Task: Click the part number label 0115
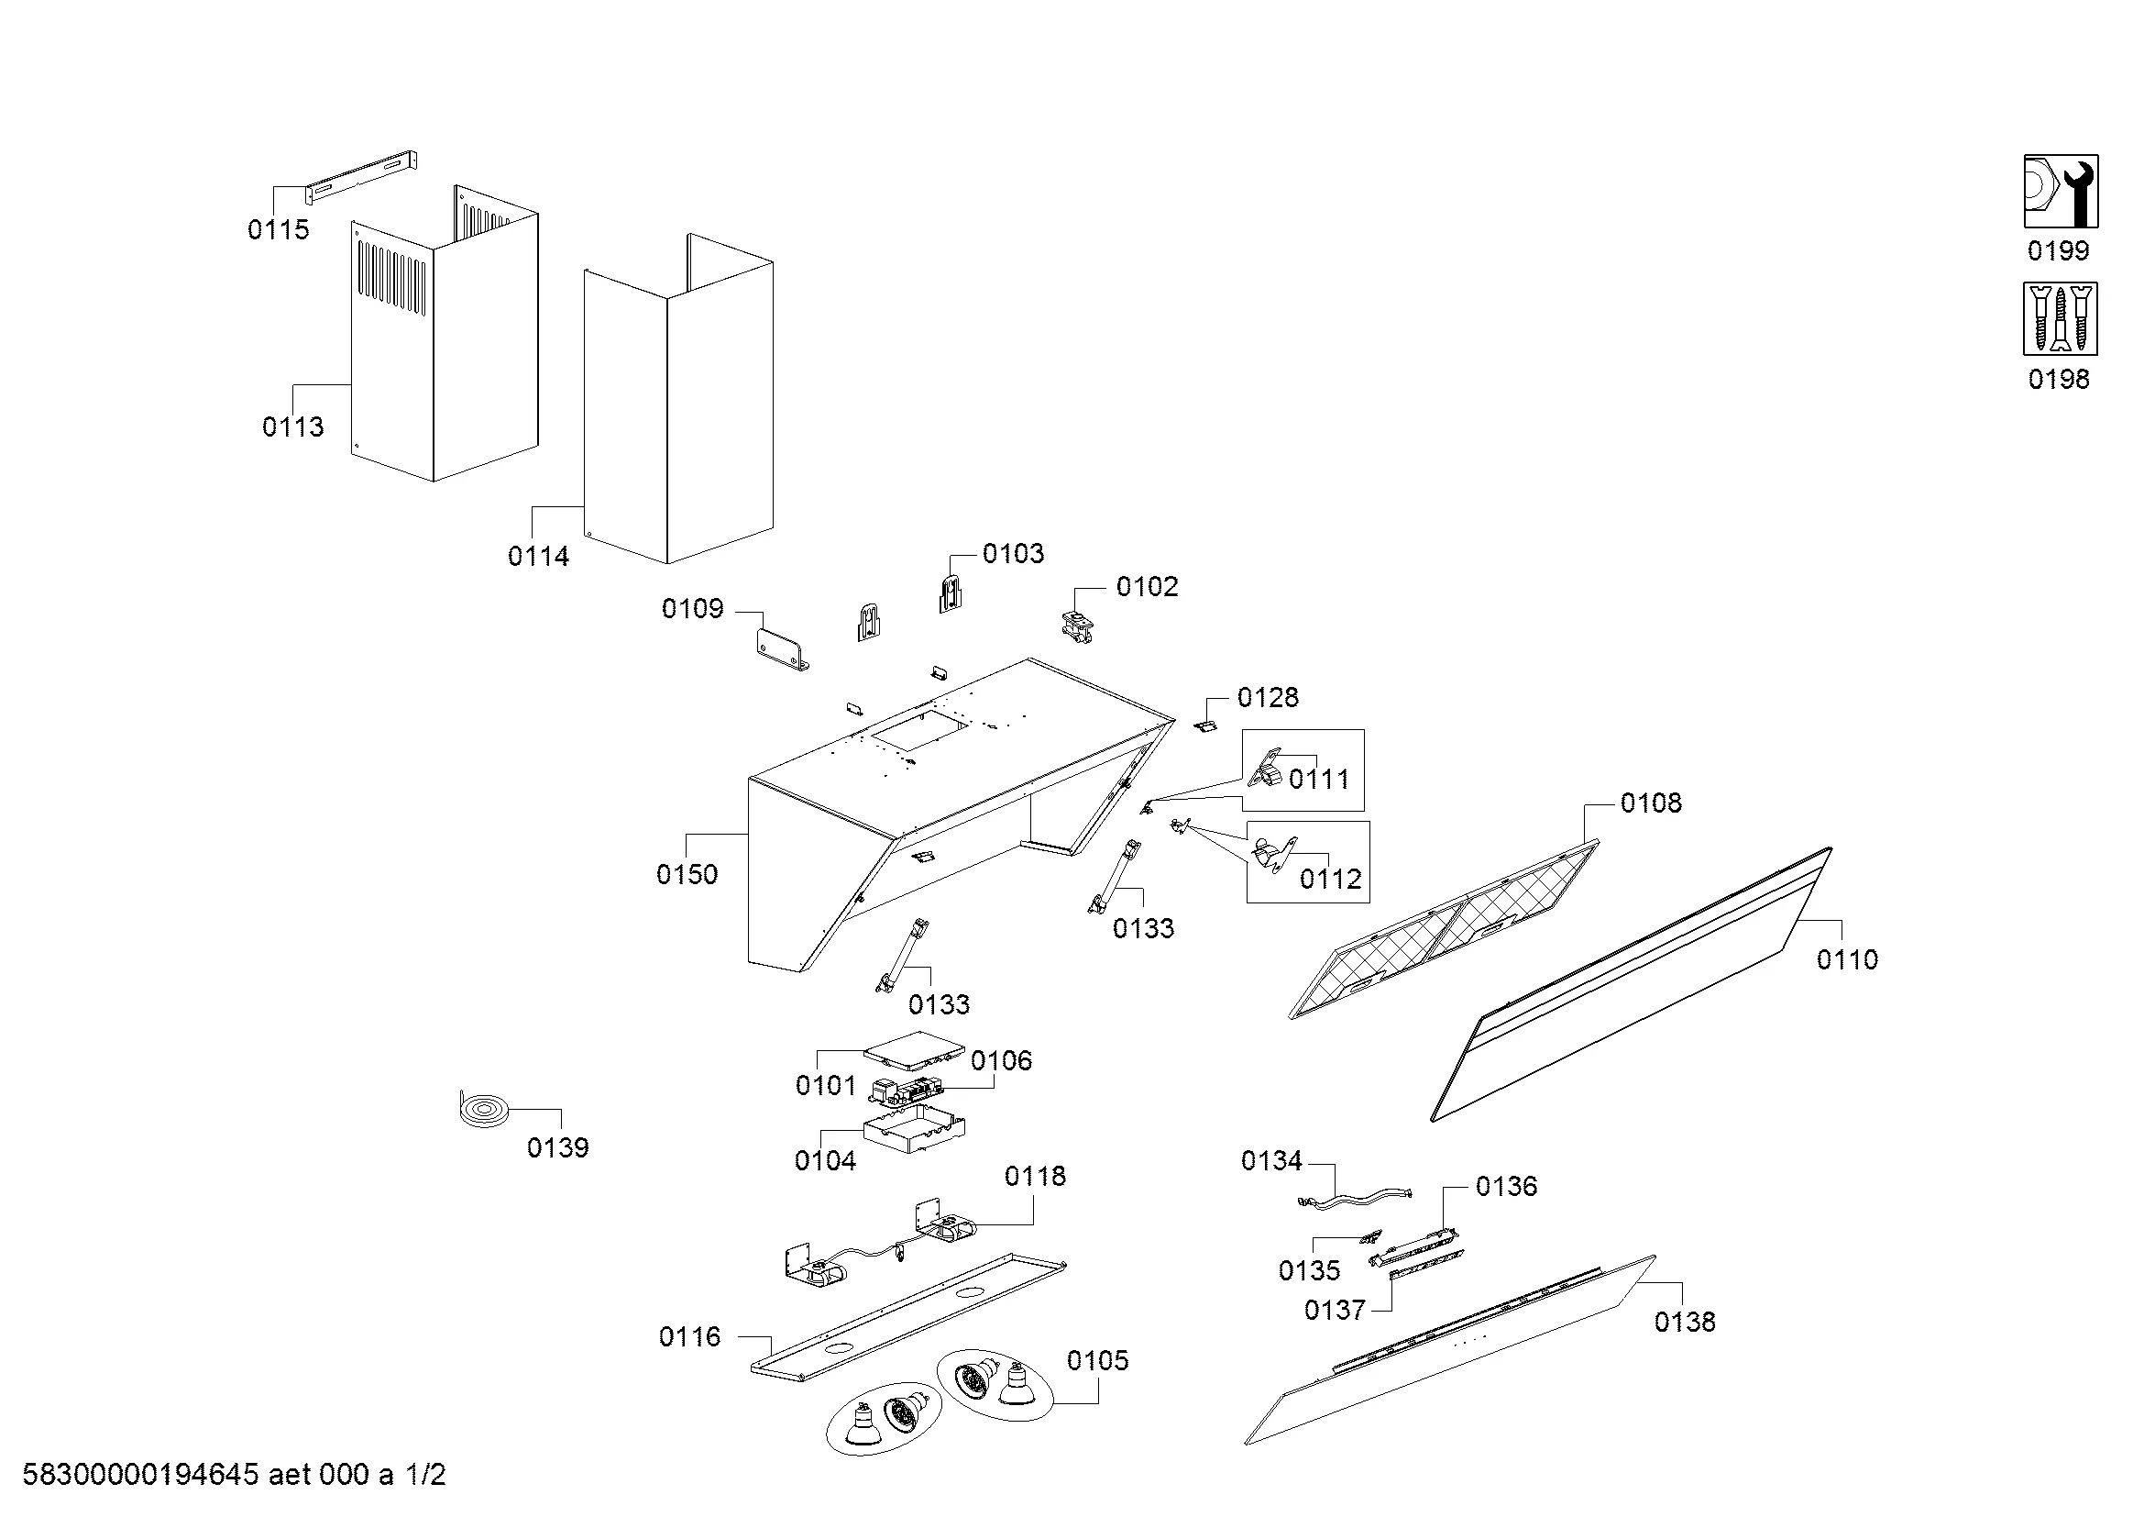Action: click(278, 230)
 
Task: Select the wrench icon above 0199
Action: click(2061, 192)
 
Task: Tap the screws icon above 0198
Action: click(2060, 318)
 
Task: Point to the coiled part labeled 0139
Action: click(485, 1111)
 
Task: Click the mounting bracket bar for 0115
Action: click(361, 178)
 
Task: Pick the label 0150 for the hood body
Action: click(687, 875)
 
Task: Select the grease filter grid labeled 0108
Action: click(1444, 929)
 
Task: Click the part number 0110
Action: click(1846, 959)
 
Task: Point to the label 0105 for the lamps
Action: click(1097, 1361)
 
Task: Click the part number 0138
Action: click(1685, 1322)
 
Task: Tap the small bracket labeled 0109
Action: click(781, 648)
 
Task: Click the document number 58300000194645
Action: click(140, 1476)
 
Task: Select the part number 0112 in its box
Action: click(1331, 879)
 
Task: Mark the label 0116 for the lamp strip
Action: click(689, 1336)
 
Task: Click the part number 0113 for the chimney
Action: click(292, 426)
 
